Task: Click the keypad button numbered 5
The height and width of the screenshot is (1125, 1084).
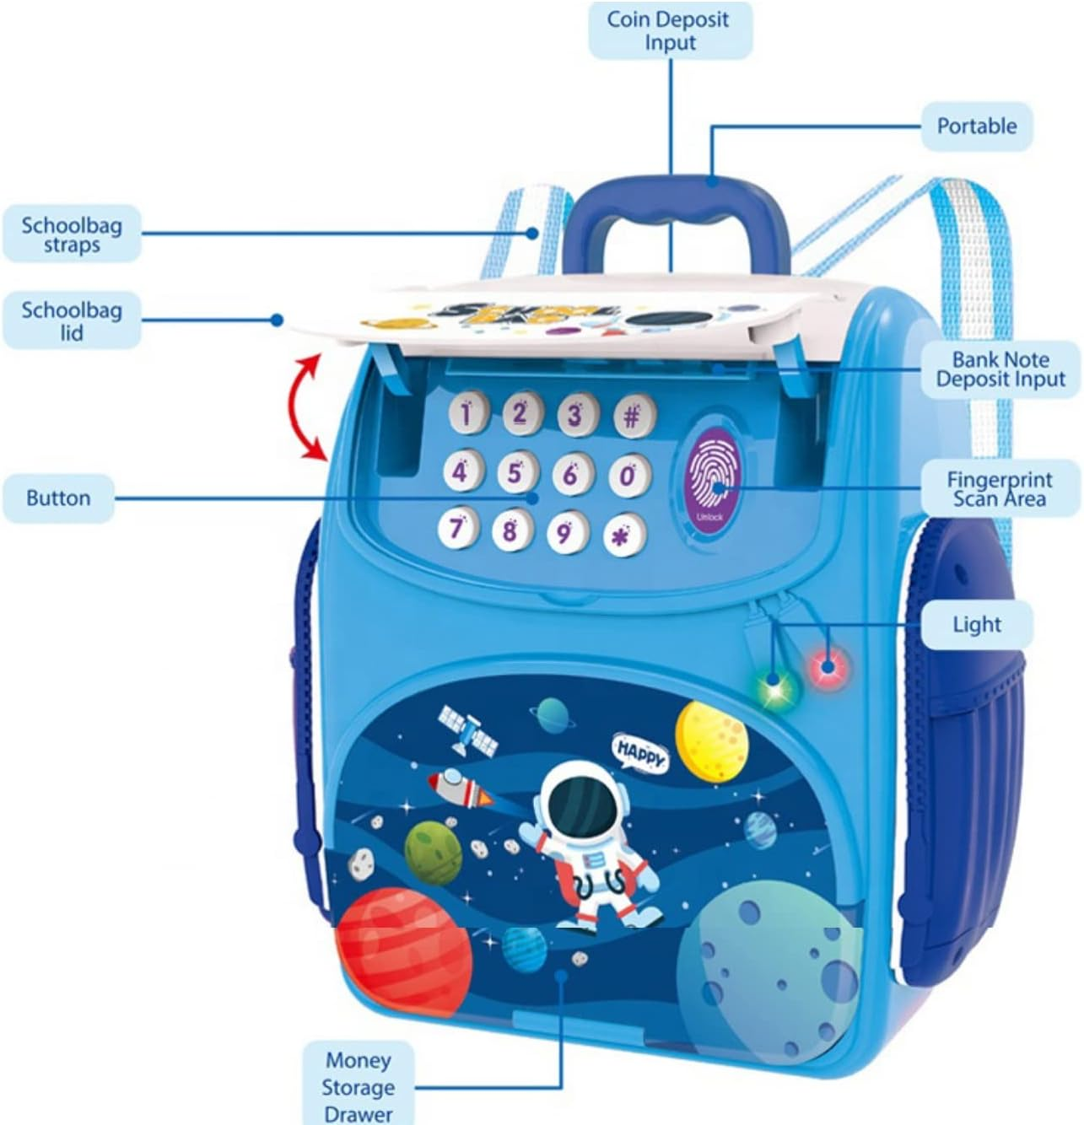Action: [x=515, y=472]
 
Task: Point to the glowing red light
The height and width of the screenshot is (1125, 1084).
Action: [x=828, y=667]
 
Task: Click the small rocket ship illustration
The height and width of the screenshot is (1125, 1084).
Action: [x=460, y=789]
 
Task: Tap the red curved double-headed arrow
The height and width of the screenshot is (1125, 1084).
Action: [x=306, y=407]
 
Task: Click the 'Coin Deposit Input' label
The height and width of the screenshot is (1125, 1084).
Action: [x=669, y=30]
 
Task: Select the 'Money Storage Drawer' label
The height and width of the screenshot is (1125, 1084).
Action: [x=359, y=1086]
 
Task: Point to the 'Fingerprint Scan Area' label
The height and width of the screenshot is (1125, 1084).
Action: [x=1000, y=488]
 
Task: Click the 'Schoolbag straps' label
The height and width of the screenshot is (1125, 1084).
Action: [x=72, y=234]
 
